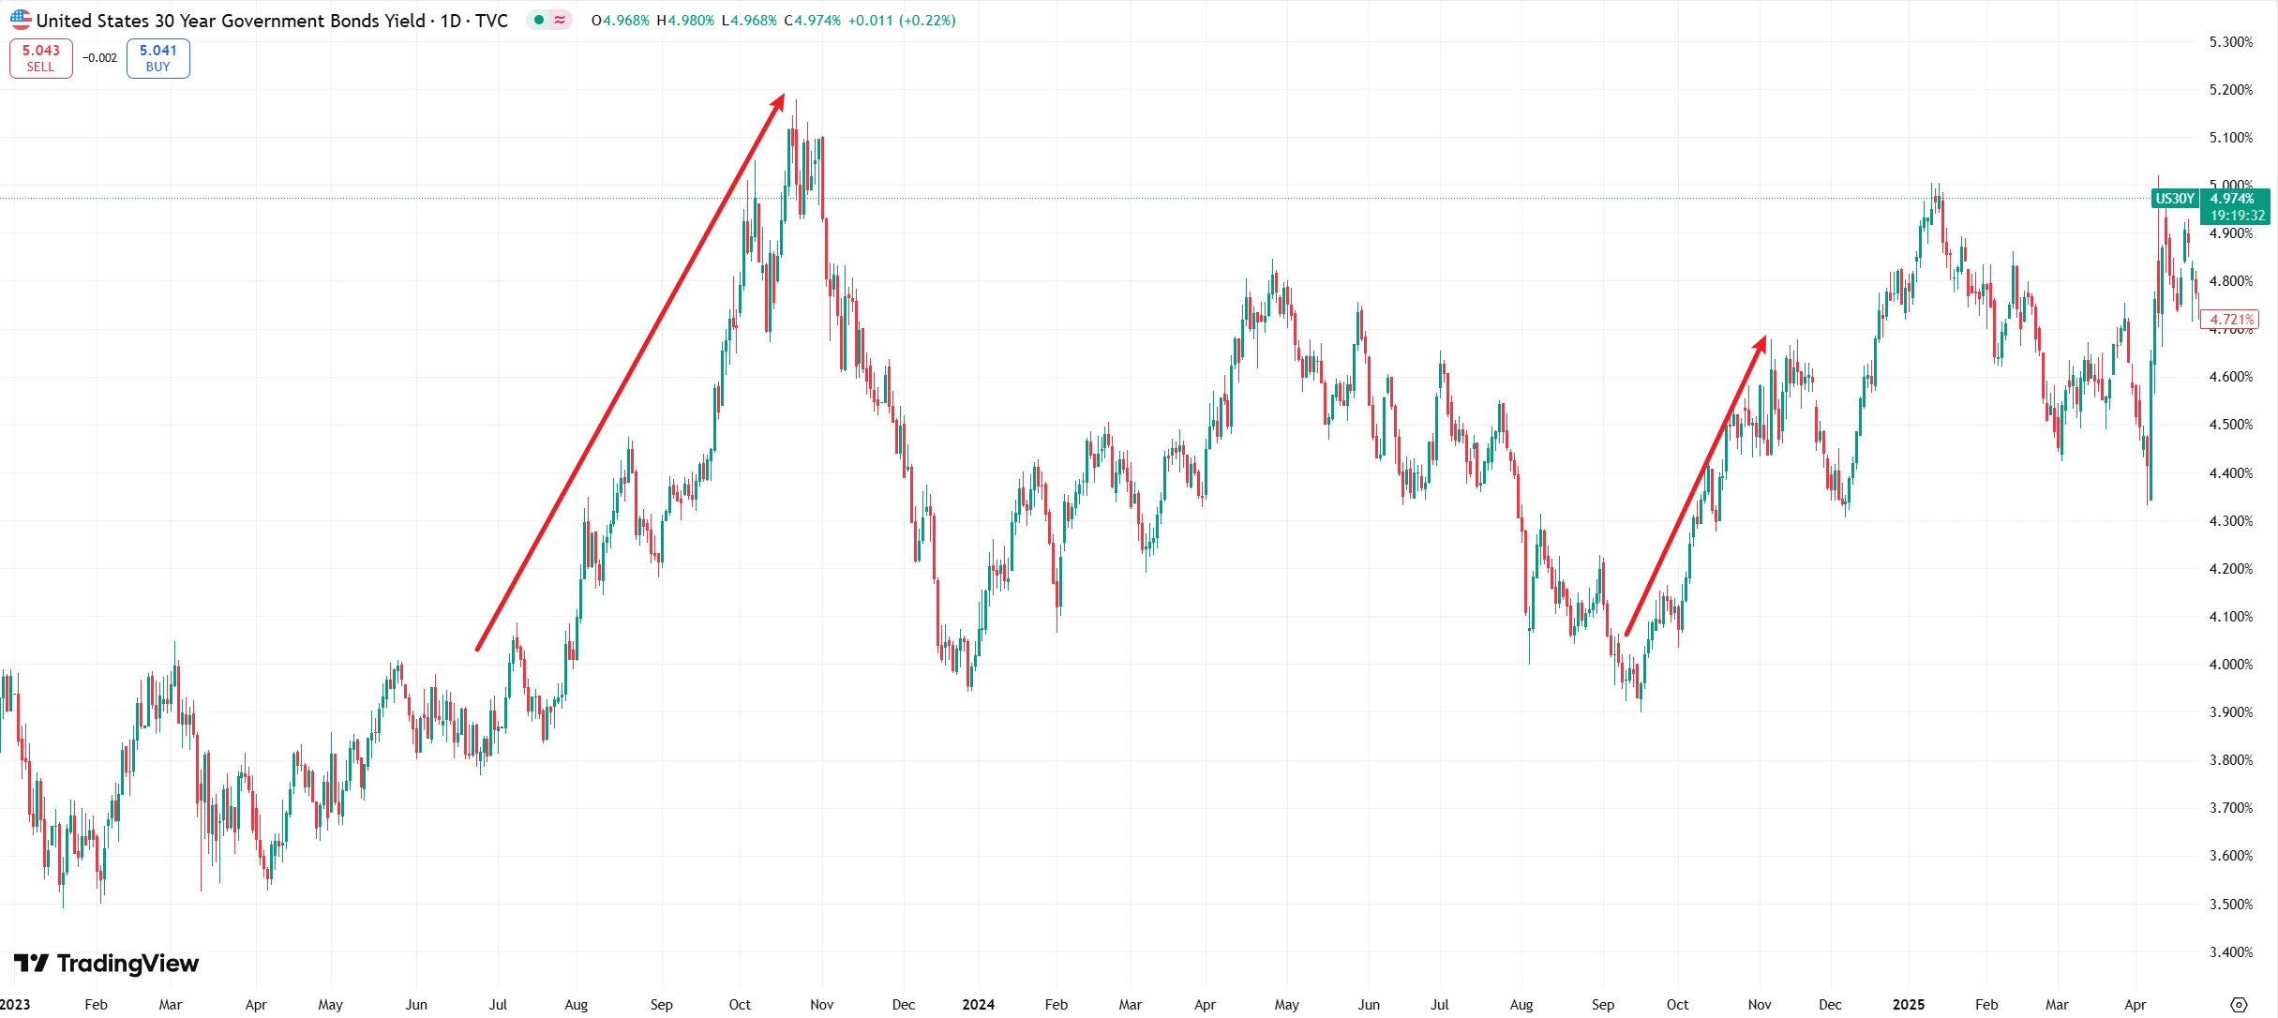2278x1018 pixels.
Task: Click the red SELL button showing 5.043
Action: (41, 58)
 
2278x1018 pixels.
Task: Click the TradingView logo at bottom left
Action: (107, 964)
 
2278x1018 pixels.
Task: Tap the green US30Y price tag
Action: (2174, 199)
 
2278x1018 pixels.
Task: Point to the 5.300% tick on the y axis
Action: (2230, 42)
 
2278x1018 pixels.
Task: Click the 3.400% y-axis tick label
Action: (2230, 952)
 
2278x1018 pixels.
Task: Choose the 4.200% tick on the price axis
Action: (2230, 569)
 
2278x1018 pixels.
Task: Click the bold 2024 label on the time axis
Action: (978, 1005)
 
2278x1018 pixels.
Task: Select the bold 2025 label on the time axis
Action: (1909, 1005)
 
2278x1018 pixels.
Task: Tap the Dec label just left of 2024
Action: (903, 1005)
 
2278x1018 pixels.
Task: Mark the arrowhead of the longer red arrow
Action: (780, 98)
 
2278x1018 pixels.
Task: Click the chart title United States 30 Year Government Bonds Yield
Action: (231, 21)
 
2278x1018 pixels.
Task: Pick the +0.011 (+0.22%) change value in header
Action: (902, 21)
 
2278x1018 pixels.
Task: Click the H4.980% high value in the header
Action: (685, 21)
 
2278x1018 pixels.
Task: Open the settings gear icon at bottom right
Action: (2239, 1005)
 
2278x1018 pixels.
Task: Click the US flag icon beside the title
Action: (21, 20)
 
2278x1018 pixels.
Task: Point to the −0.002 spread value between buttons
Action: (99, 58)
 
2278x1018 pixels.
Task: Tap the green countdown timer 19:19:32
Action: (2237, 216)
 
